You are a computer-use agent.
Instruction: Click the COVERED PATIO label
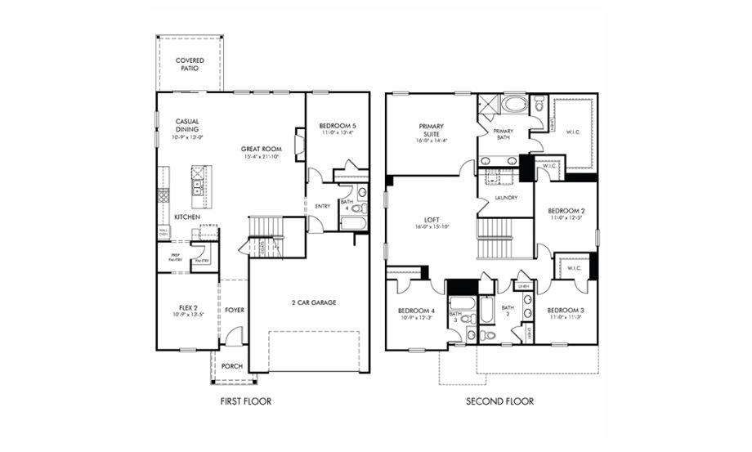click(x=190, y=65)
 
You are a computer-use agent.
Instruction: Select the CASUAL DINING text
click(x=187, y=126)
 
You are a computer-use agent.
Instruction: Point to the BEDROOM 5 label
click(x=338, y=126)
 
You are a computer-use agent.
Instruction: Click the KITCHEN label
click(x=187, y=217)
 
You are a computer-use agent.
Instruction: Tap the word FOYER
click(x=235, y=310)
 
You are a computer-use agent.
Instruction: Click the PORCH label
click(x=232, y=366)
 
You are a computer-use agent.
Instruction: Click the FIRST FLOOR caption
click(x=246, y=401)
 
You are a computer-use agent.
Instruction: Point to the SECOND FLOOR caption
click(x=499, y=401)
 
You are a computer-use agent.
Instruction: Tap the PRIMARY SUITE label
click(x=432, y=131)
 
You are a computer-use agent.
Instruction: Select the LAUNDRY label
click(x=506, y=198)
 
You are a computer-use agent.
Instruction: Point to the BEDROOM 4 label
click(x=416, y=311)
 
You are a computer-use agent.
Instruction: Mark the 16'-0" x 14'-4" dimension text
click(x=432, y=141)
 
